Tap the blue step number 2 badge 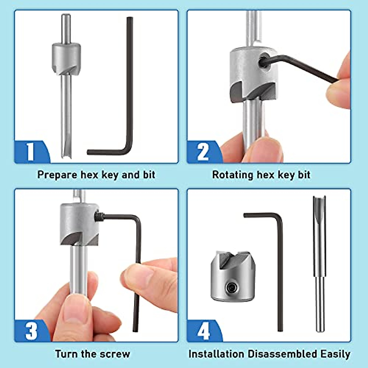coord(203,151)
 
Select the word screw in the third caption coord(117,354)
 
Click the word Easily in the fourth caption coord(335,354)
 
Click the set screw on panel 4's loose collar coord(231,287)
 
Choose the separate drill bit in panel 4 coord(319,264)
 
